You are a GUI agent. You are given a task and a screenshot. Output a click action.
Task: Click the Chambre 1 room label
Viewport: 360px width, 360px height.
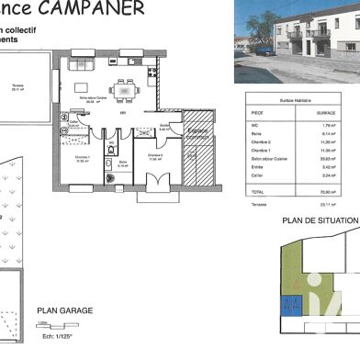(81, 158)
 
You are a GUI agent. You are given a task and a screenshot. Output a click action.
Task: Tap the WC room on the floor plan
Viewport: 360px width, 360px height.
(109, 146)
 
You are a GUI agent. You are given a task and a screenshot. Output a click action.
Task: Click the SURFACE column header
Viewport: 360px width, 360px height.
(325, 113)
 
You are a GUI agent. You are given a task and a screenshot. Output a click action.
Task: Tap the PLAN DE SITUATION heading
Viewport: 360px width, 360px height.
(317, 221)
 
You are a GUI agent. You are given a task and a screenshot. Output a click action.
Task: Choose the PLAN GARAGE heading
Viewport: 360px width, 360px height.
(64, 311)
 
